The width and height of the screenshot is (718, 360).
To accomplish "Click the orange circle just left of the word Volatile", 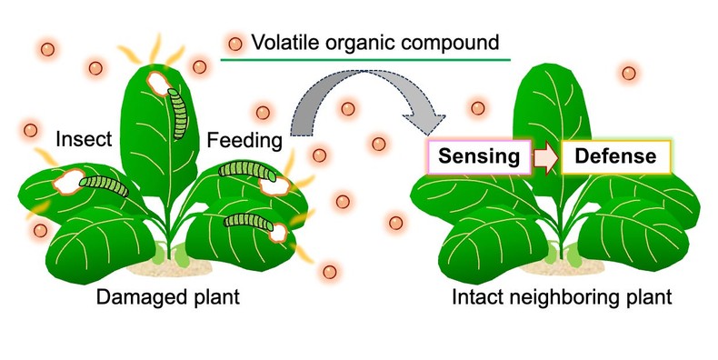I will pos(235,43).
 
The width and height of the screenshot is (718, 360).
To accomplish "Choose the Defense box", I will pos(615,156).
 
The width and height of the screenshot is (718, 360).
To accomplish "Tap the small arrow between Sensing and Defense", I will pos(546,156).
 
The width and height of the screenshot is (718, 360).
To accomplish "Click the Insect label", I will pos(84,140).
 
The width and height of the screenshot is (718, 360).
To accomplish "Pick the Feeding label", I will pos(244,140).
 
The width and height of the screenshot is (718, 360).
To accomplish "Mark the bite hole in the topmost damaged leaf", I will pos(161,85).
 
